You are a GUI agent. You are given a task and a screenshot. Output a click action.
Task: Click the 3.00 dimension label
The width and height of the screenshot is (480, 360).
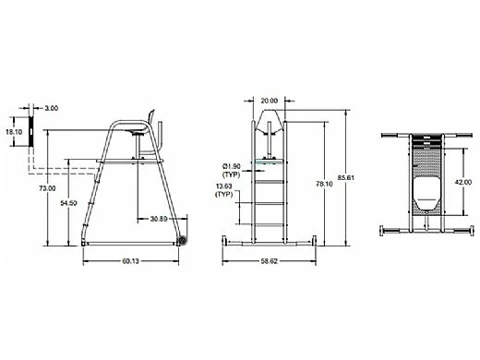[x=51, y=108]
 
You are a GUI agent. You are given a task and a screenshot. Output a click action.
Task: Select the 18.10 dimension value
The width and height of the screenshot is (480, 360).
[x=14, y=132]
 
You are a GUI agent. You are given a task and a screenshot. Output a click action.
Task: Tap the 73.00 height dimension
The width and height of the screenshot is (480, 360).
[x=47, y=188]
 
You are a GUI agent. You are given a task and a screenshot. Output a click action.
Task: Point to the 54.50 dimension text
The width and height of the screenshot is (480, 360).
[x=68, y=203]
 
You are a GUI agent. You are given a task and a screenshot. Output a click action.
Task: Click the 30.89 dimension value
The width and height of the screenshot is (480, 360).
[x=159, y=219]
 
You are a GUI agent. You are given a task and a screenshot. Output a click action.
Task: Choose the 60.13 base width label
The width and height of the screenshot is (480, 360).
[x=131, y=261]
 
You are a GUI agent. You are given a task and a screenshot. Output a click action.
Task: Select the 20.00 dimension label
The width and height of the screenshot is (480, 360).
[x=270, y=101]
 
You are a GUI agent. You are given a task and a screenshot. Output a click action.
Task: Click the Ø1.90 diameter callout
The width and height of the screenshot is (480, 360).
[x=232, y=166]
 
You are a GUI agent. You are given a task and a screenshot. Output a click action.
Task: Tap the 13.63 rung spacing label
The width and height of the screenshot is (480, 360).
[x=223, y=186]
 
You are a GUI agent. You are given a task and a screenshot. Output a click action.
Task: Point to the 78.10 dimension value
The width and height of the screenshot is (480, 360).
[x=324, y=184]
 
